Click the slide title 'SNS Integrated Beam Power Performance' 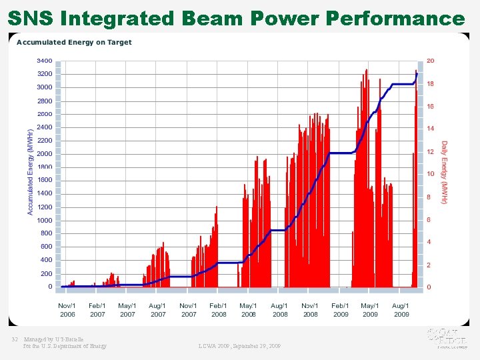[236, 18]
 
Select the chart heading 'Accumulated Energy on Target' [74, 43]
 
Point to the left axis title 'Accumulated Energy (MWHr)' [30, 172]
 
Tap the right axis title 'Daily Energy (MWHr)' [445, 172]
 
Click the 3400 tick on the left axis [45, 61]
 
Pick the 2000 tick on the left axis [45, 154]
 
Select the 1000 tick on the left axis [45, 221]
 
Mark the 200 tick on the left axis [46, 274]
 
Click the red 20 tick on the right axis [430, 61]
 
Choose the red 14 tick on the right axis [430, 129]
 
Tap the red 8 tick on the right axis [429, 197]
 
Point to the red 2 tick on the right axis [429, 265]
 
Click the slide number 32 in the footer [14, 339]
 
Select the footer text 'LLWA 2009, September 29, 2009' [239, 346]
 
